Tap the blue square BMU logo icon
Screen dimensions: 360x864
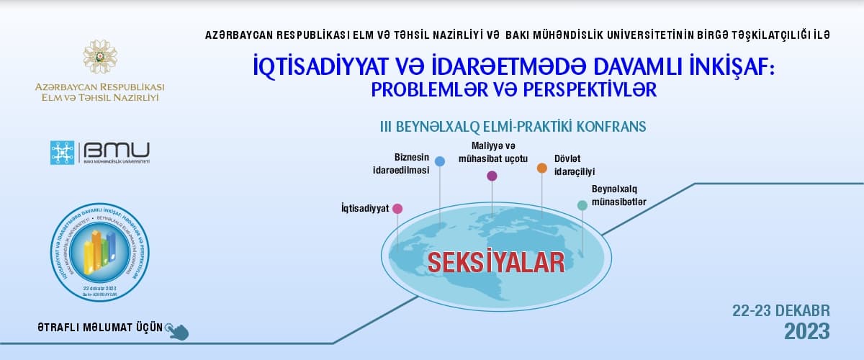click(x=62, y=153)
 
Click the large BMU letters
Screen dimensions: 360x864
click(x=117, y=150)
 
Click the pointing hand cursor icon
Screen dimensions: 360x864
click(x=177, y=330)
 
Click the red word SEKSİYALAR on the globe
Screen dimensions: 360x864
click(x=496, y=262)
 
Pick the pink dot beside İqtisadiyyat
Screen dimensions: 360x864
click(x=397, y=208)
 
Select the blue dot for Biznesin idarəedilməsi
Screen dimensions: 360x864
click(x=440, y=162)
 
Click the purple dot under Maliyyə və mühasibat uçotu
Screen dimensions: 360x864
click(x=492, y=176)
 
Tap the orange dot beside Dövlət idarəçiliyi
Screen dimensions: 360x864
click(x=541, y=168)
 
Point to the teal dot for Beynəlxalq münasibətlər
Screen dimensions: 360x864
click(x=582, y=205)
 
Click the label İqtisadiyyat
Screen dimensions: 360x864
click(x=365, y=208)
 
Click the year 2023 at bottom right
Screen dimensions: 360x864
click(x=806, y=332)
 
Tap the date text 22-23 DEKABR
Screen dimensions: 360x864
click(x=781, y=310)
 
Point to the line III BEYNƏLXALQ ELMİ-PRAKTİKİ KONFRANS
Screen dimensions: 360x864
click(x=513, y=126)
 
